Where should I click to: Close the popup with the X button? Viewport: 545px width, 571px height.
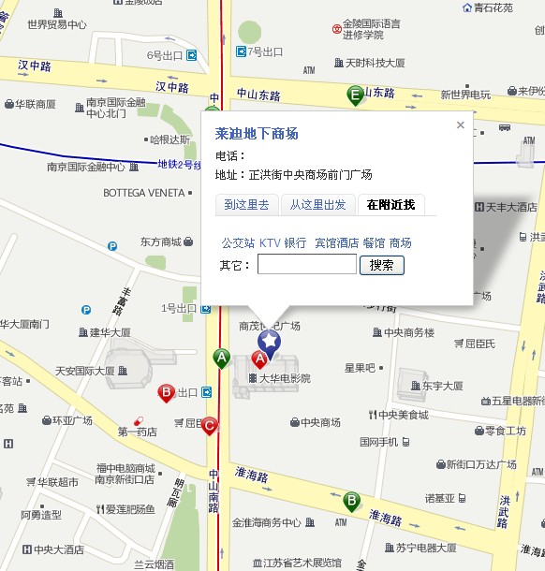point(460,124)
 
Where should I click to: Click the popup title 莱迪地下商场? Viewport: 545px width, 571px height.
point(257,134)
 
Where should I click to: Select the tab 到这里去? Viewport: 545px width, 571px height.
point(247,205)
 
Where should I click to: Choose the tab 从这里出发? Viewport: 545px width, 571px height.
point(317,205)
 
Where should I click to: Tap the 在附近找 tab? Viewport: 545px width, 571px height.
point(390,205)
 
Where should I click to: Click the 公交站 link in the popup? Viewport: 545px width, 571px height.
point(238,242)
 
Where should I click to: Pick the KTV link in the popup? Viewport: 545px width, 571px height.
point(270,242)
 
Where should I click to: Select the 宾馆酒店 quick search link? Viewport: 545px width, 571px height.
point(336,242)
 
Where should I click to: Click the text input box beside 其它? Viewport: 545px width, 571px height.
point(306,265)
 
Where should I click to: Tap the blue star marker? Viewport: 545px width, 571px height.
point(270,342)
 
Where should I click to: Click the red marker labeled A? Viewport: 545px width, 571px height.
point(262,360)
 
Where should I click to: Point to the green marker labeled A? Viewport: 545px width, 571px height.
point(222,358)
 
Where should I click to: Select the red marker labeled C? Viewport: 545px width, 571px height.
point(210,427)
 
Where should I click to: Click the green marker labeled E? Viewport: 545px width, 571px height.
point(355,94)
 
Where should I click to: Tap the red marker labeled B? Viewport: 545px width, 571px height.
point(167,392)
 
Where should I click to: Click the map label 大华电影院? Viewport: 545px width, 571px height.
point(285,379)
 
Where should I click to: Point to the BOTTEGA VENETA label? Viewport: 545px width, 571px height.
point(143,193)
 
